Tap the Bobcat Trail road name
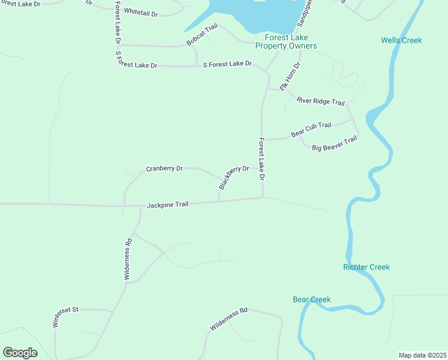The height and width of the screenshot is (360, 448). pos(202,35)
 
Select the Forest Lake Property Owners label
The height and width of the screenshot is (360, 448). pos(286,41)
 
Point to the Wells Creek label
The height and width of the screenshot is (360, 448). pos(401,40)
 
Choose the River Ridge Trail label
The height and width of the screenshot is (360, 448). pos(320,101)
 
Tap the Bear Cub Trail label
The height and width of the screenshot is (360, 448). pos(311,129)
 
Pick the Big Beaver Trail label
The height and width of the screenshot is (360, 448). pos(334,143)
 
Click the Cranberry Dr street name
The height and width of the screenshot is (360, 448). pos(164,169)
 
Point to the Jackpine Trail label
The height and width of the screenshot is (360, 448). pos(168,205)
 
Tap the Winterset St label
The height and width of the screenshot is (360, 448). pos(65,316)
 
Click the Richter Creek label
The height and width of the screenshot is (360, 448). pos(366,266)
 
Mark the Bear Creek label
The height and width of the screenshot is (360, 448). pos(311,299)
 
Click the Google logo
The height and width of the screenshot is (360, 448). pos(20,353)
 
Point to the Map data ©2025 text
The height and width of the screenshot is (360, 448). pos(422,355)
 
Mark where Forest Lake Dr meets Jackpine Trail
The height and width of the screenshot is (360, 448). pos(262,197)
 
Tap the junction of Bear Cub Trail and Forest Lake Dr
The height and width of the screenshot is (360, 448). pos(262,140)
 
